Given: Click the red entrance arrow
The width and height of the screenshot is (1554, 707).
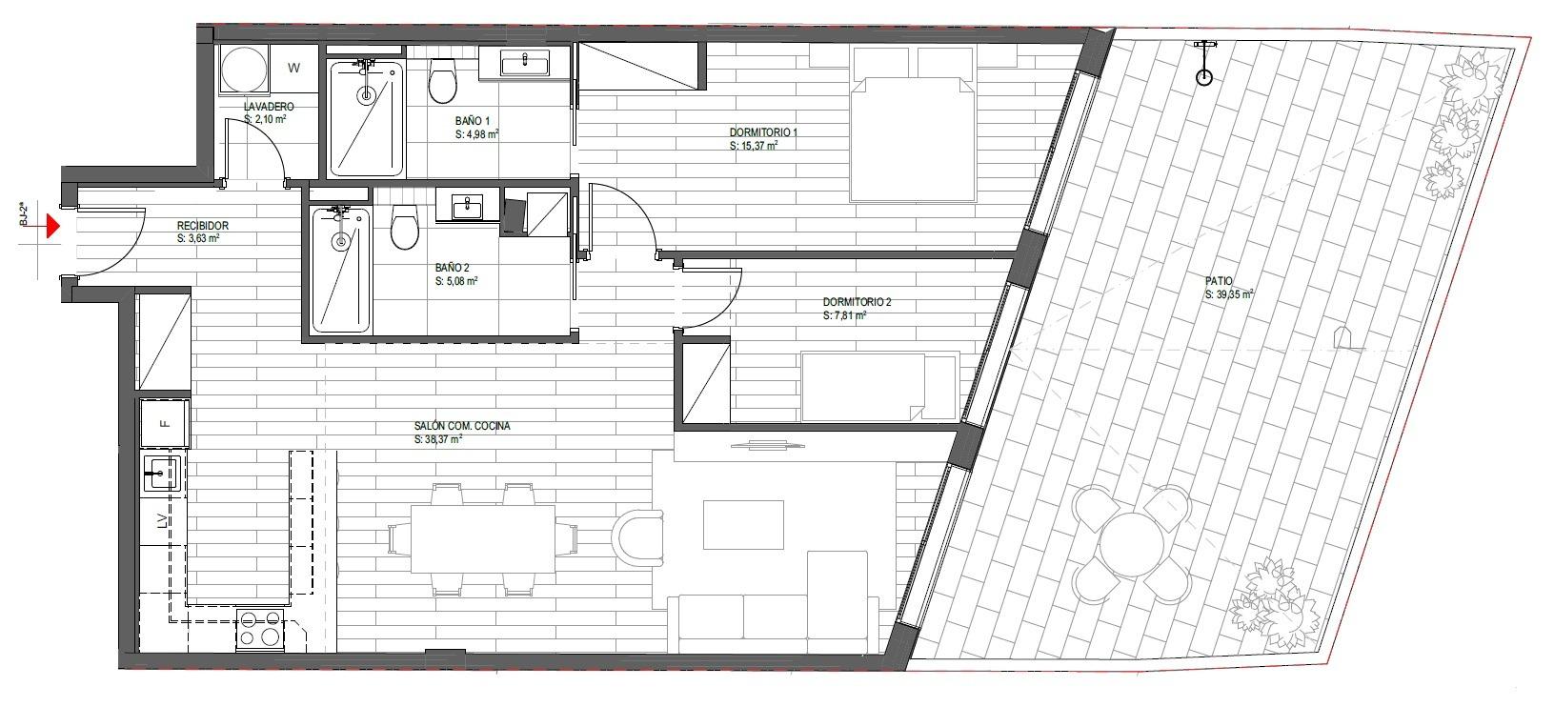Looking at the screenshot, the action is click(x=52, y=226).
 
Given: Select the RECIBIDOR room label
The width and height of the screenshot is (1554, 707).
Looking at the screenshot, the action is click(x=203, y=226).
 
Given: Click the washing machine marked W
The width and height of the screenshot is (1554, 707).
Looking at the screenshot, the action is click(x=294, y=68).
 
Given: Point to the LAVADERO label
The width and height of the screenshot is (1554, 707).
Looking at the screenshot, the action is click(x=269, y=107).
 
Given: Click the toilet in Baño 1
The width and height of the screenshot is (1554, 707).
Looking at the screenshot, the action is click(x=443, y=80).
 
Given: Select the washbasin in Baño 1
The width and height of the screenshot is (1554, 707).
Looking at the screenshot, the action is click(x=524, y=64).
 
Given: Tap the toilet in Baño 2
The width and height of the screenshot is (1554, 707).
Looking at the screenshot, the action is click(x=404, y=227).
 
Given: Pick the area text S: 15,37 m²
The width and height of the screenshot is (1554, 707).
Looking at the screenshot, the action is click(x=754, y=146).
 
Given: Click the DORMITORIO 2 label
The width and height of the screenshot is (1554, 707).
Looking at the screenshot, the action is click(x=857, y=302).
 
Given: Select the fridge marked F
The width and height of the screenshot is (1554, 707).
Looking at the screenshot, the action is click(x=165, y=423).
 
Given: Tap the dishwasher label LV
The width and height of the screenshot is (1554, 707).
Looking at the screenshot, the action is click(x=162, y=520).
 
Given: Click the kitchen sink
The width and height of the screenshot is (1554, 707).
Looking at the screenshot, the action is click(x=162, y=474).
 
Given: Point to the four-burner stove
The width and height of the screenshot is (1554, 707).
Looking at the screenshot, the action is click(x=260, y=629).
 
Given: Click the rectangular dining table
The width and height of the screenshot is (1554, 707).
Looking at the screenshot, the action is click(x=483, y=539).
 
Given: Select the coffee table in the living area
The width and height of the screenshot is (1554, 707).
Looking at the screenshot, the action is click(x=743, y=524).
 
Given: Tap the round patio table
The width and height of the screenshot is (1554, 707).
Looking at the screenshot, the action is click(x=1132, y=545).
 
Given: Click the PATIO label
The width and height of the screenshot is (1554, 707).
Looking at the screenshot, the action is click(x=1219, y=281).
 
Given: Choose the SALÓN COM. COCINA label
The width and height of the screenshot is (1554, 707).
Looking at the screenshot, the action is click(x=462, y=426).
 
